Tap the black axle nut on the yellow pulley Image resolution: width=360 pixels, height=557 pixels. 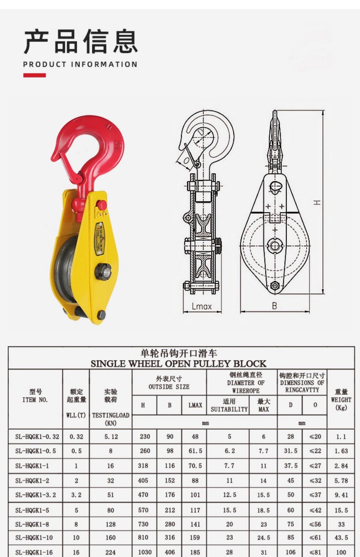[103, 272]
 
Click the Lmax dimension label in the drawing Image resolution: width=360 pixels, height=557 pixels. [202, 306]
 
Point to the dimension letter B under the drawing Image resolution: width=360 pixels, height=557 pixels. [274, 305]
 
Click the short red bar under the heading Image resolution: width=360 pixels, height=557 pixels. [35, 75]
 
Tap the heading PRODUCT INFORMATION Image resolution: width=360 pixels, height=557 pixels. [80, 64]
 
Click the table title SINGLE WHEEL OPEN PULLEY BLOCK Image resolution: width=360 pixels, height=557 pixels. [178, 364]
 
